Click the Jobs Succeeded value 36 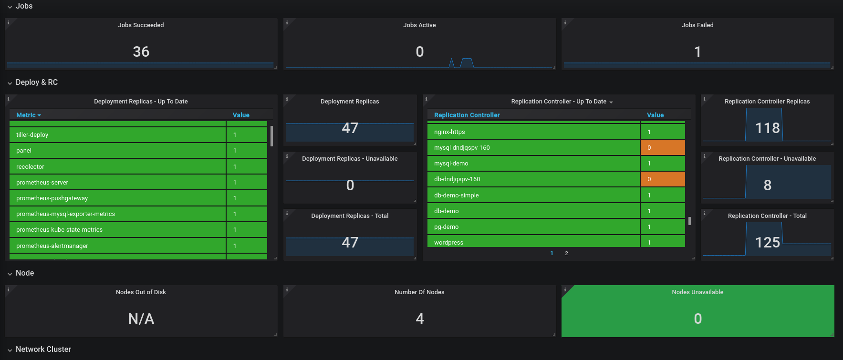pos(141,51)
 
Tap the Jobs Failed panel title pos(697,25)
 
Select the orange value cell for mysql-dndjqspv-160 pos(663,147)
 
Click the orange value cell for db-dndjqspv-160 pos(663,179)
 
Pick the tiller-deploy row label pos(32,135)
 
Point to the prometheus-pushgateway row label pos(52,198)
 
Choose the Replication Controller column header pos(467,115)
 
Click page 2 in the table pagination pos(566,253)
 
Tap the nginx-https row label pos(449,132)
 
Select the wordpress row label pos(448,242)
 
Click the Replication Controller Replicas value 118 pos(767,128)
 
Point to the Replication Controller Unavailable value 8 pos(767,185)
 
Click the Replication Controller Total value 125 pos(767,242)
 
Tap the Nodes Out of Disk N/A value pos(141,319)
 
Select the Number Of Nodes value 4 pos(419,319)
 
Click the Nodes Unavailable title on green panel pos(697,292)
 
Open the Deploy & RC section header pos(37,82)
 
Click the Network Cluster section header pos(43,350)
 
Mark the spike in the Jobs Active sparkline pos(467,62)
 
